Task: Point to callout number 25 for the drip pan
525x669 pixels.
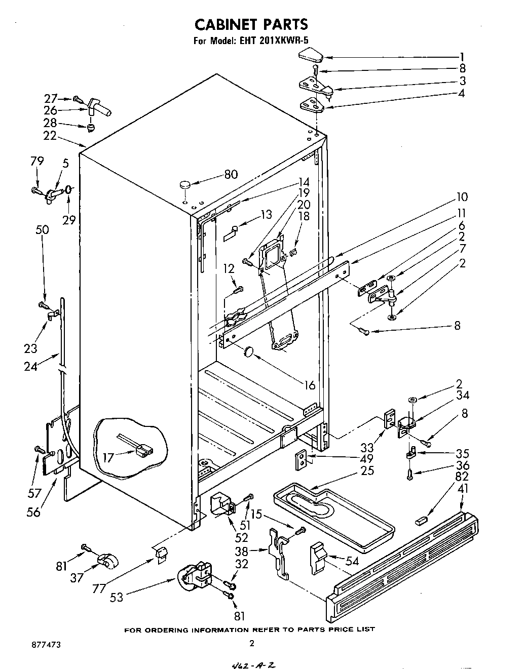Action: [x=367, y=470]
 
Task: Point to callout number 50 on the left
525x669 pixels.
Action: [x=42, y=229]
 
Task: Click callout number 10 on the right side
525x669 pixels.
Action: [x=462, y=197]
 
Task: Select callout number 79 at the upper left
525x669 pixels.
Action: [x=37, y=161]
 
